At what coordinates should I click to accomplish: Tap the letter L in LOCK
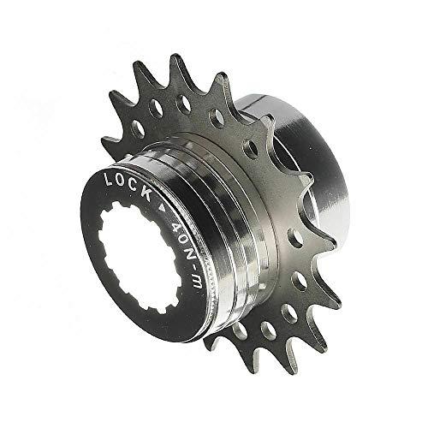109,180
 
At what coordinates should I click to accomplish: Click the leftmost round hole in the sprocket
136,128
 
